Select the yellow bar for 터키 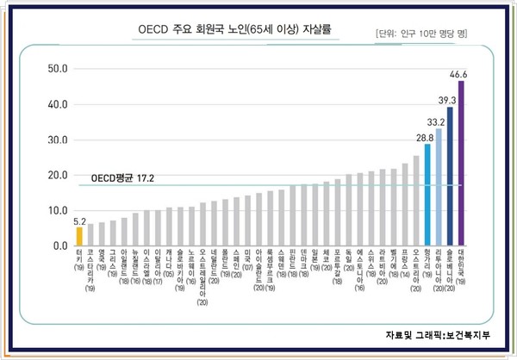point(79,236)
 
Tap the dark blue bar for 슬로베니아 point(450,177)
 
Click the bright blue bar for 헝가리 point(427,195)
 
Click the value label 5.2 point(78,220)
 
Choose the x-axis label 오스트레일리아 point(202,276)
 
